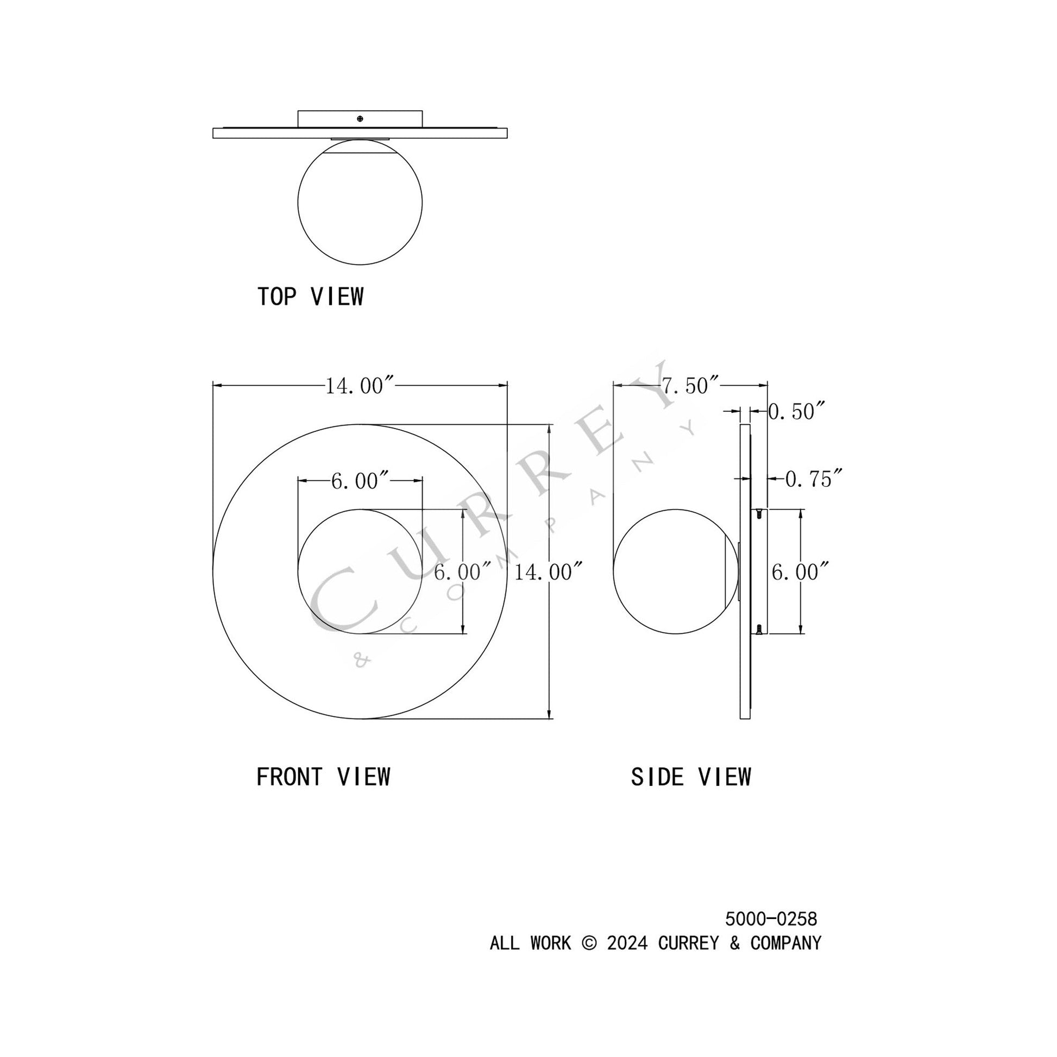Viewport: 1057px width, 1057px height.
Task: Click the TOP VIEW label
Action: coord(310,297)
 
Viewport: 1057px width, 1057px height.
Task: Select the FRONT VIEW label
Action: coord(323,777)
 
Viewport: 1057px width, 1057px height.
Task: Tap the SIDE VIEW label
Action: coord(691,777)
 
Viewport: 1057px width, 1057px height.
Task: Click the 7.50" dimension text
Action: coord(690,386)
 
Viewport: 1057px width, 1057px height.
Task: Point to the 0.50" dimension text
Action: coord(796,411)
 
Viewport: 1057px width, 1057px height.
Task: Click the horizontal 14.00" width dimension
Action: coord(360,386)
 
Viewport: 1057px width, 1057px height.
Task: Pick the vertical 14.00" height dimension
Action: coord(546,572)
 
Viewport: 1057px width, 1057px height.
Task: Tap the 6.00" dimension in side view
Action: coord(800,572)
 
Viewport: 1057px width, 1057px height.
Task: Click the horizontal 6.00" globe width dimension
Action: coord(360,481)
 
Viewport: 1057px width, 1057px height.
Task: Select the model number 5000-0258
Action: coord(771,919)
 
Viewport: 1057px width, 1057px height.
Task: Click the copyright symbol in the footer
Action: coord(589,943)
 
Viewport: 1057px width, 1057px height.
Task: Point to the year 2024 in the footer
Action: coord(627,943)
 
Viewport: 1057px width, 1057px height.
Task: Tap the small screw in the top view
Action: coord(360,118)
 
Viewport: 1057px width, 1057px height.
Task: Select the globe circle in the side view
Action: coord(675,572)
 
